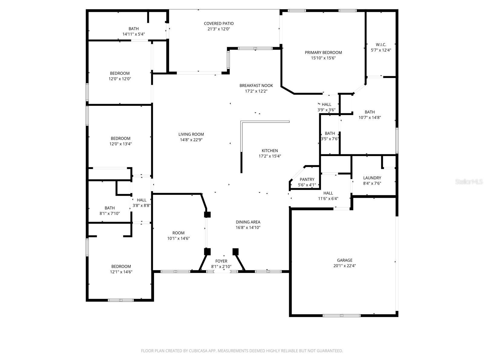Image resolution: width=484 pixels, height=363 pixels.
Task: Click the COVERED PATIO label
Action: click(218, 24)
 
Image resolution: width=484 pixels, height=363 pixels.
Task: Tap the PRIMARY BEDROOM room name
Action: click(323, 53)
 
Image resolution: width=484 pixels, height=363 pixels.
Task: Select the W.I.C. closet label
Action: click(381, 45)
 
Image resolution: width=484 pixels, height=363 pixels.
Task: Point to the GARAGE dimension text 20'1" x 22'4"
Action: click(345, 266)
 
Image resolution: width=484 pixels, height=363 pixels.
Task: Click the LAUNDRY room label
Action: click(372, 178)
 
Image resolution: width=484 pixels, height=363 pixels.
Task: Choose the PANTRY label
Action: click(307, 179)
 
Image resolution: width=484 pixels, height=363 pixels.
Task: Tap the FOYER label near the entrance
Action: click(221, 261)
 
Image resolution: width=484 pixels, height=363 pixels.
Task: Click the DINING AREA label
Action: click(248, 222)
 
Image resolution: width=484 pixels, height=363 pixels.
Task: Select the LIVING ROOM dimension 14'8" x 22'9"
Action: click(191, 140)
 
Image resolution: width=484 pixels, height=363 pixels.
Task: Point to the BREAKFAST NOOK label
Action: click(256, 86)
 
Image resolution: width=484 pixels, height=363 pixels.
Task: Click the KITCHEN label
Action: click(270, 151)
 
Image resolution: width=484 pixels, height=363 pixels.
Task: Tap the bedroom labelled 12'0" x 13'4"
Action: click(120, 141)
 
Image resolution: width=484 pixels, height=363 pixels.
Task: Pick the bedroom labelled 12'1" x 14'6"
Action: click(121, 269)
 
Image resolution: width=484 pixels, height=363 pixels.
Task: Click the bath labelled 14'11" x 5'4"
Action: click(133, 31)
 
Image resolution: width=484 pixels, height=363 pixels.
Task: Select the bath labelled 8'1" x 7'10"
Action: click(110, 211)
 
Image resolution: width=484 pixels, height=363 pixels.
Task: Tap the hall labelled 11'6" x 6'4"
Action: click(328, 196)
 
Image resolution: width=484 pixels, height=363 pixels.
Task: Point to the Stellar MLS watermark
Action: click(469, 182)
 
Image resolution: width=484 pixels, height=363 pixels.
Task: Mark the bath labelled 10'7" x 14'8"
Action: click(369, 115)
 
